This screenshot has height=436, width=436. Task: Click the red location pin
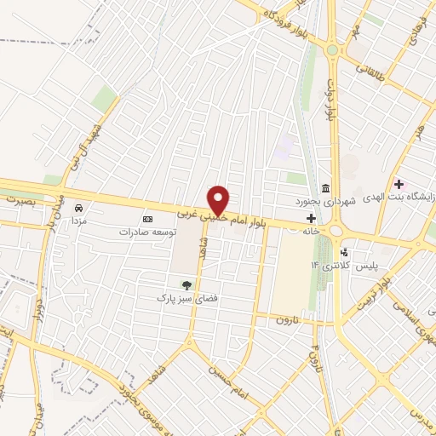[x=220, y=200]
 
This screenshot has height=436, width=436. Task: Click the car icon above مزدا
[x=78, y=208]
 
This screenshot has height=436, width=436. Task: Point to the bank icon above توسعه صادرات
[x=146, y=219]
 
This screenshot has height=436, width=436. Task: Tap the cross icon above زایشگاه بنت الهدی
[x=398, y=184]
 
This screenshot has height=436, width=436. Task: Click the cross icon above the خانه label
[x=311, y=219]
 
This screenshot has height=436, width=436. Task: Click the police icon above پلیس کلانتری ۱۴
[x=343, y=253]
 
